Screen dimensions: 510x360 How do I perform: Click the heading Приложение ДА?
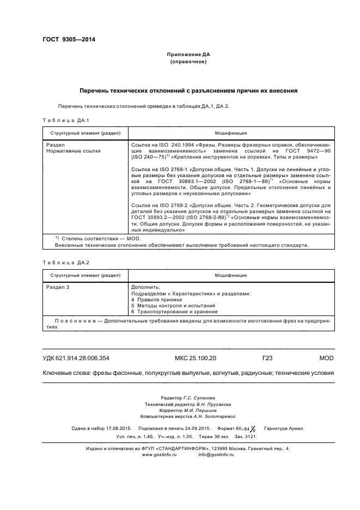click(x=187, y=55)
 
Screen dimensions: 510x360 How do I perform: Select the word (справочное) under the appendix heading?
click(x=187, y=62)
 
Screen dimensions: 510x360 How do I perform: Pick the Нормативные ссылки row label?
click(x=74, y=151)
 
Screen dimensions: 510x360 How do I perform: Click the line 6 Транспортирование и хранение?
click(x=174, y=312)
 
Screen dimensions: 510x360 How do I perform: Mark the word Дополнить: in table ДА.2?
click(x=145, y=287)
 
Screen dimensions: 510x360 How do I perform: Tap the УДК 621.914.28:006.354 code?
click(x=76, y=358)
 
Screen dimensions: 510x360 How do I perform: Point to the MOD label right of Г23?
click(x=310, y=358)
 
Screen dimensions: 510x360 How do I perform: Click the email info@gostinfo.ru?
click(x=216, y=454)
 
